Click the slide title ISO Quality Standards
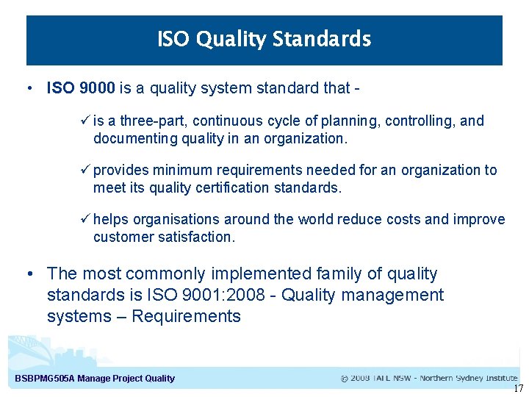click(264, 39)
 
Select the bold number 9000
click(96, 88)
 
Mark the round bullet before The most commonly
click(30, 274)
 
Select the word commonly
click(165, 274)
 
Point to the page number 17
click(518, 389)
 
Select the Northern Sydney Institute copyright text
click(429, 379)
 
